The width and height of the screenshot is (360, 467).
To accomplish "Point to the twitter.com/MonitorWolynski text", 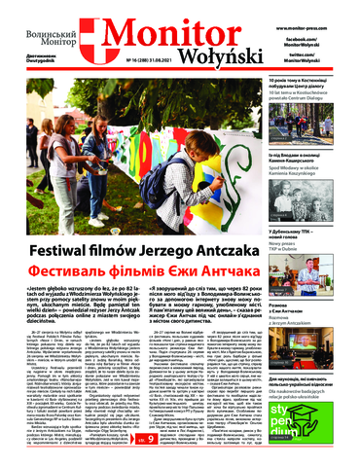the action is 330,50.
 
